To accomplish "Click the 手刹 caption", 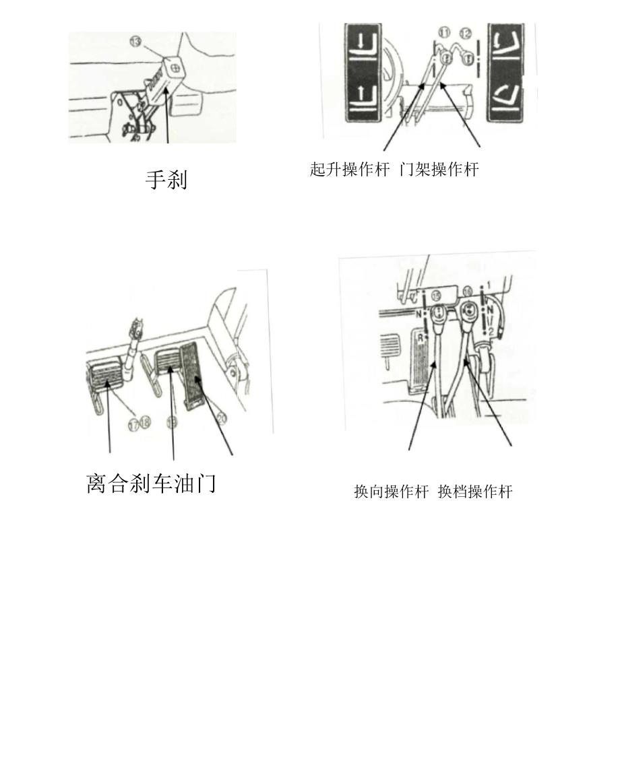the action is [166, 179].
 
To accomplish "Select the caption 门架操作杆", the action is [439, 170].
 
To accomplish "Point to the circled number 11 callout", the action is [444, 33].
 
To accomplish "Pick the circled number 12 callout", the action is [465, 33].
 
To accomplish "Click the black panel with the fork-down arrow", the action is [363, 48].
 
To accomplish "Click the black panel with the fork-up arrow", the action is [363, 97].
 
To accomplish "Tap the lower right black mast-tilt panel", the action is [505, 97].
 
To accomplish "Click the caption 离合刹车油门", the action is [151, 483].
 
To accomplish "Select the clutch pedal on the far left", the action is [104, 374].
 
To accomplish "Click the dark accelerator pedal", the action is [193, 376].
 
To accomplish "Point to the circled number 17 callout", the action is [133, 424].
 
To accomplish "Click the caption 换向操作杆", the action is [391, 492].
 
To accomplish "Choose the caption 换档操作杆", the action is [475, 492].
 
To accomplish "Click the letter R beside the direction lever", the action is [421, 338].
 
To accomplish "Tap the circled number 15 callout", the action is [436, 295].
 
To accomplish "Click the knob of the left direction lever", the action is [439, 314].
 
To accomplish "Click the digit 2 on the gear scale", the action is [490, 331].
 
